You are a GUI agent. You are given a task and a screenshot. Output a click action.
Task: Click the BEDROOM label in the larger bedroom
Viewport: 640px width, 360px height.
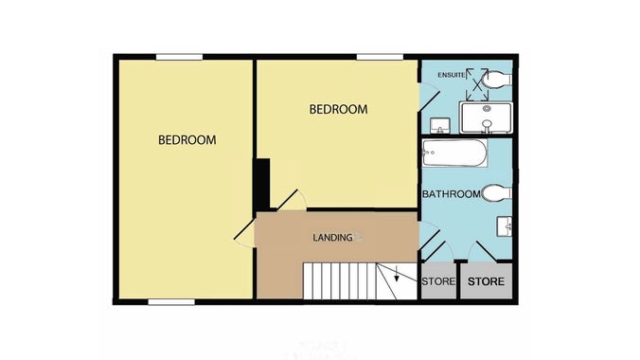click(187, 140)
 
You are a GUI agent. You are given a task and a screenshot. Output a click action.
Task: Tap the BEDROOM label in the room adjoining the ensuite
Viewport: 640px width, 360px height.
click(338, 110)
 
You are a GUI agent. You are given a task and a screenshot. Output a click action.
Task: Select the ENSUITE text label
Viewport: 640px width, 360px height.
click(451, 74)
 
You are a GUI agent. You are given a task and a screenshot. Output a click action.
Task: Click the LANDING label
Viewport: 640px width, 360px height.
click(332, 237)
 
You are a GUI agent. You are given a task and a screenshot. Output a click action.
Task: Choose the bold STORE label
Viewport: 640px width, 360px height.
click(487, 281)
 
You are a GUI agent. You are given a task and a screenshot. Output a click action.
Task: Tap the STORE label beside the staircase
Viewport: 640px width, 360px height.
click(438, 281)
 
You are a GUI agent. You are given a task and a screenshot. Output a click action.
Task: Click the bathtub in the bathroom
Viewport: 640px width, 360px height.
click(454, 153)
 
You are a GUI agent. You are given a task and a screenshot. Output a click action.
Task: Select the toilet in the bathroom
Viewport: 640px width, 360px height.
click(496, 193)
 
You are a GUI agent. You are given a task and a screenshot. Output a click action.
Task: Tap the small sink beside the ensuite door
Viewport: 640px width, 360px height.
click(440, 125)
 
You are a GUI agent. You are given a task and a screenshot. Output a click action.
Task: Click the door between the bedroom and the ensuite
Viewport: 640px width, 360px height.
click(428, 98)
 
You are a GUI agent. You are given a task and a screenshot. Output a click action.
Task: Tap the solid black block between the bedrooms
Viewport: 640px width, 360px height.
click(262, 183)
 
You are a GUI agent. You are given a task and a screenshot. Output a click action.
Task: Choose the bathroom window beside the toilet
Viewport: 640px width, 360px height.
click(514, 192)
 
